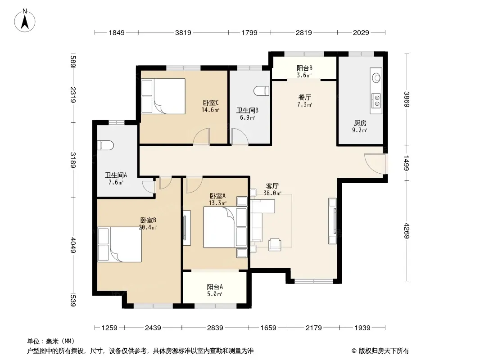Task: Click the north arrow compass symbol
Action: pos(25,21)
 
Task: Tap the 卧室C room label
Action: pos(211,103)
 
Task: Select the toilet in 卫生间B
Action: pos(262,91)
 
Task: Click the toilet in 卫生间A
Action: pos(105,145)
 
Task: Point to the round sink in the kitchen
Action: pos(376,78)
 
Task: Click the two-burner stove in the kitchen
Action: pos(376,101)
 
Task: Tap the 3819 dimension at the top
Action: pos(183,32)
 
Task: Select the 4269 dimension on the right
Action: pos(406,230)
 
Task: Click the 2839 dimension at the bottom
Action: pos(215,328)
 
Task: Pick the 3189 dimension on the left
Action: pos(73,160)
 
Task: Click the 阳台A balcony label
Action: pos(215,287)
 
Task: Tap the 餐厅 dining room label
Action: pos(304,97)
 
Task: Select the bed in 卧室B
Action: pos(120,244)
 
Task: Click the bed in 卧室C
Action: pos(163,96)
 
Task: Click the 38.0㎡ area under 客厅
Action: pos(272,193)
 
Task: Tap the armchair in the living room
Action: pos(275,244)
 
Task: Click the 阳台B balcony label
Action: pos(304,68)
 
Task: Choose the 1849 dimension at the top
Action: pos(117,32)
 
